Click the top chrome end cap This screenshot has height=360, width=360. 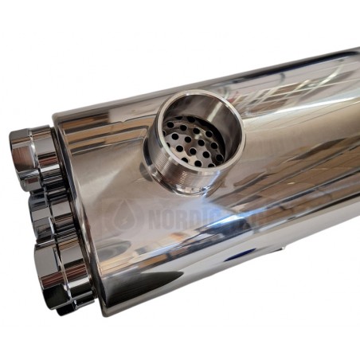pos(32,156)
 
